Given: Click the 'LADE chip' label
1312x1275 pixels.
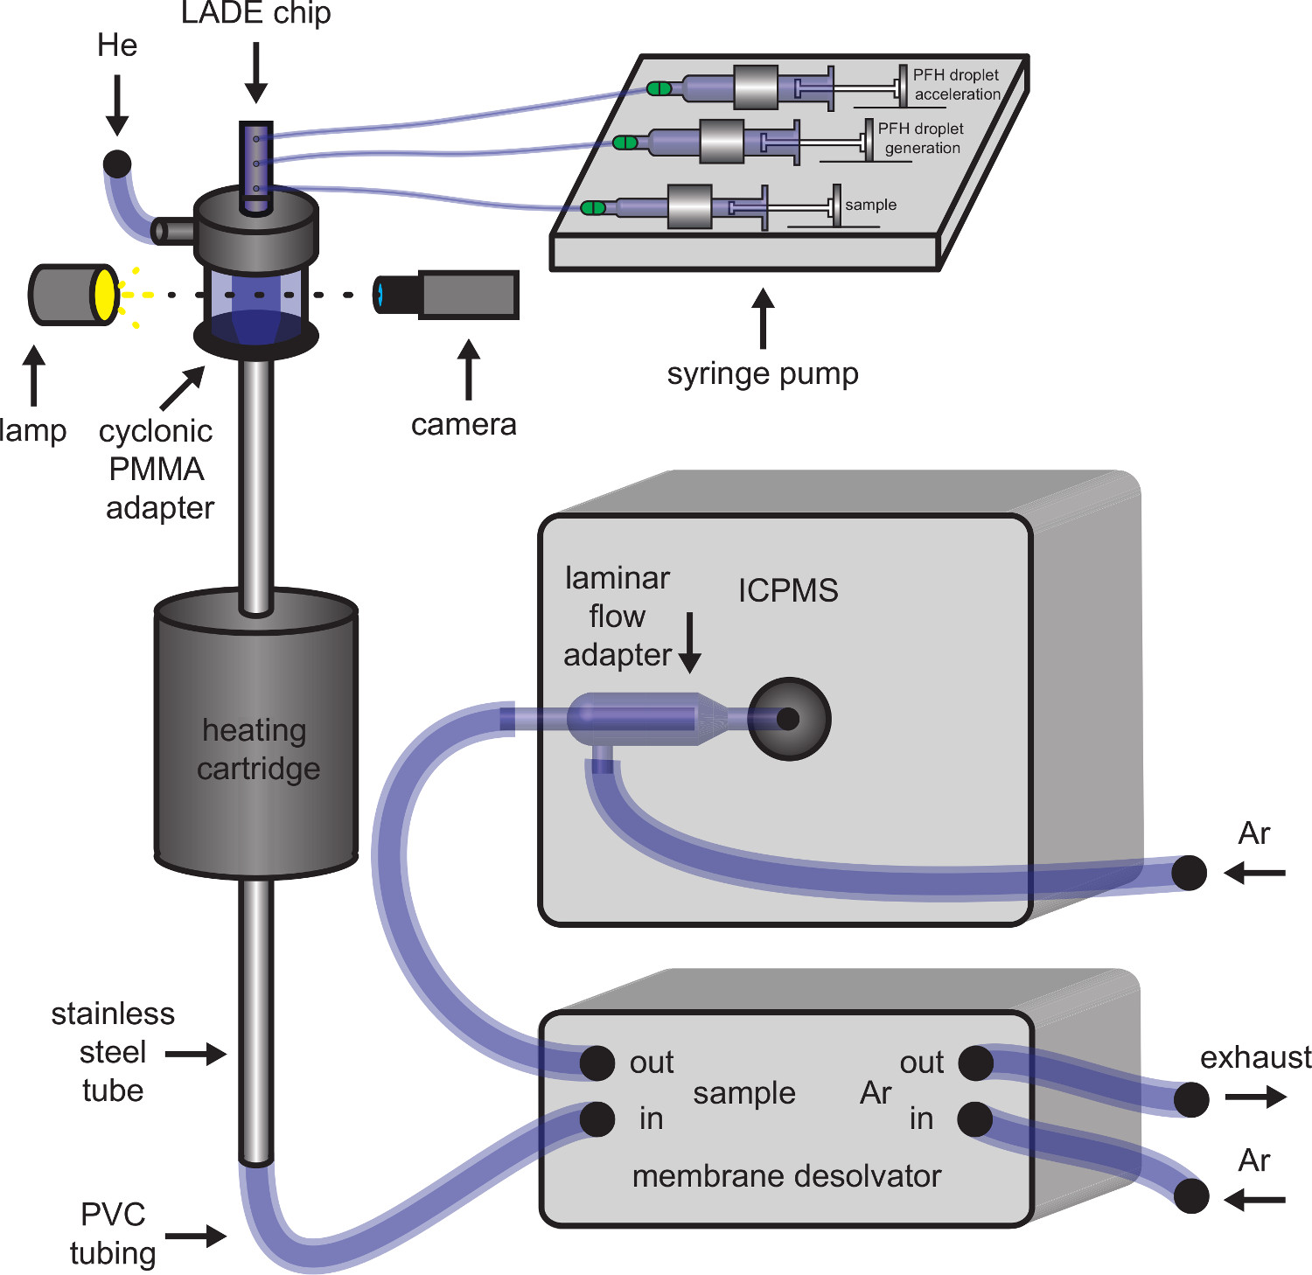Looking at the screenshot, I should (255, 14).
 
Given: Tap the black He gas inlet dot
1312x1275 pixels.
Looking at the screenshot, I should (117, 164).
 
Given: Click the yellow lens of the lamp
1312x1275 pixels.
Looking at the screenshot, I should (105, 295).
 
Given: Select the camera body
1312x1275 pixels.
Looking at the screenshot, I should (469, 294).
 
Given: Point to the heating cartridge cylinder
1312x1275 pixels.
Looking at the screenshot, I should (256, 735).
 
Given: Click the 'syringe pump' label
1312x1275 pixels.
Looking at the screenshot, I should (763, 373).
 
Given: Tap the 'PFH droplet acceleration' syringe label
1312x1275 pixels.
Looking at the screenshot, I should (956, 85).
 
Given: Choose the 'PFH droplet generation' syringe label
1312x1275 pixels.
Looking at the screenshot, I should (921, 138).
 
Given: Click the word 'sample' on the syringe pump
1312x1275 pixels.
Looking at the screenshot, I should (870, 205).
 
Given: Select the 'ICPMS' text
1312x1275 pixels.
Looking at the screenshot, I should (788, 590).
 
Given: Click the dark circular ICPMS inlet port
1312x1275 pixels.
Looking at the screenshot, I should (789, 719).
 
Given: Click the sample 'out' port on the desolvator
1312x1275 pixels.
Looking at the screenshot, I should (597, 1062).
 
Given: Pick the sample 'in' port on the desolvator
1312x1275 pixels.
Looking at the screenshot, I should (597, 1118).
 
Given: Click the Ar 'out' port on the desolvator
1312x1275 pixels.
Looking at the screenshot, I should (975, 1062).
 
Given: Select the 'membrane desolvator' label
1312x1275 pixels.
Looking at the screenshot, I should (786, 1176).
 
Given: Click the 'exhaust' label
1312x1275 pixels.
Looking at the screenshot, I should (1255, 1057).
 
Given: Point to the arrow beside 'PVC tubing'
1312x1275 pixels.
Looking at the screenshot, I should (196, 1236).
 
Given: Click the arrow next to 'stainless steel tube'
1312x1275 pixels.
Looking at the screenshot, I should (196, 1054).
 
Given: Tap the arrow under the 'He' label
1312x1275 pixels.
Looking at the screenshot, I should (117, 105).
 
